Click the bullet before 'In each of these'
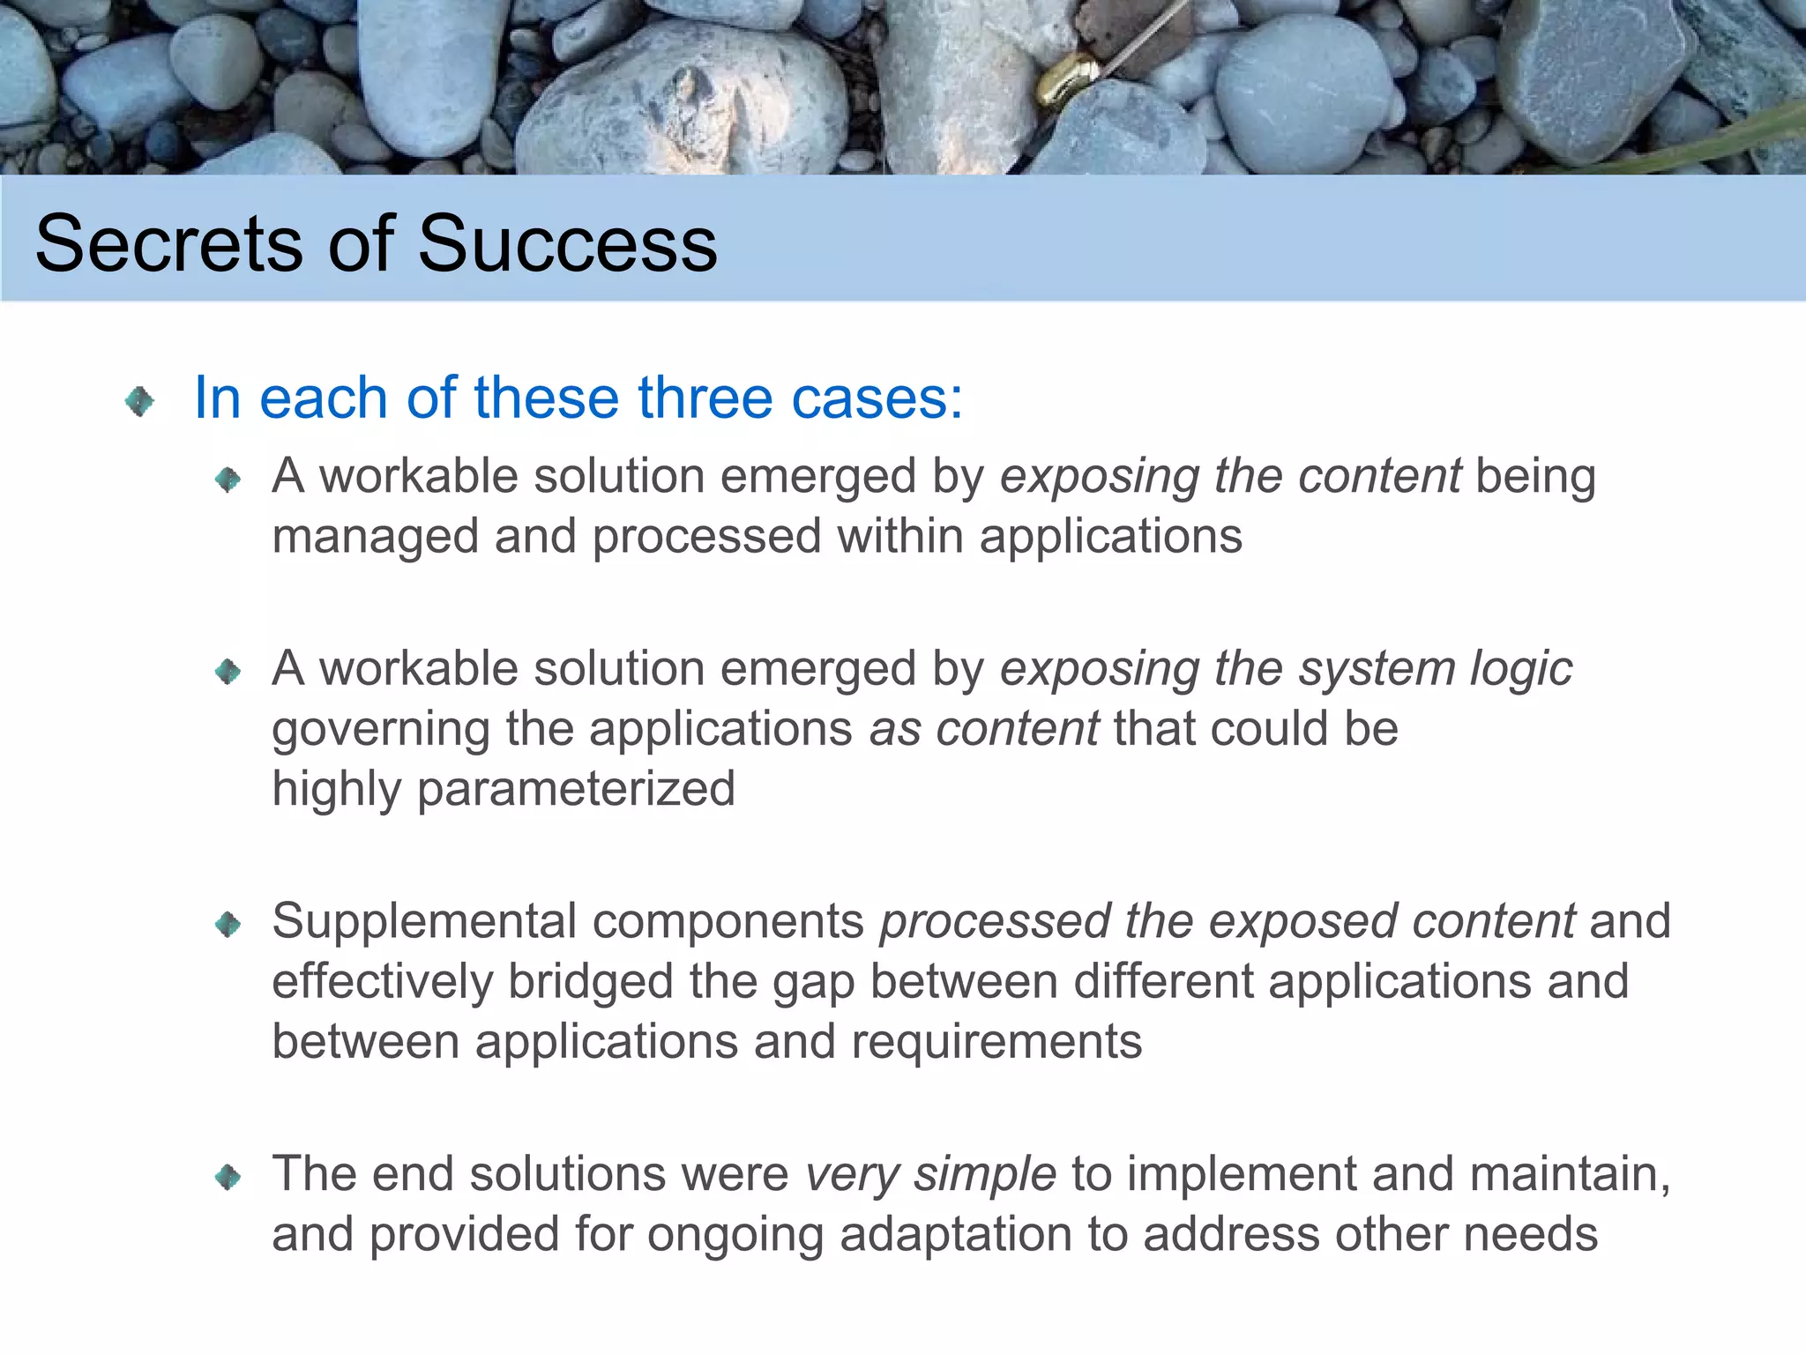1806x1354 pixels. [139, 402]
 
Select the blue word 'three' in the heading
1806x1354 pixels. [706, 398]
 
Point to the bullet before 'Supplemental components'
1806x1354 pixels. [228, 924]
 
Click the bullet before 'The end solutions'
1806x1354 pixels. [228, 1176]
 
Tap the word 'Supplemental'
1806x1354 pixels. [423, 922]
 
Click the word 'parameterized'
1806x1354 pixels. [576, 789]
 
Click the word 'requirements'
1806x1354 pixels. [996, 1042]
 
